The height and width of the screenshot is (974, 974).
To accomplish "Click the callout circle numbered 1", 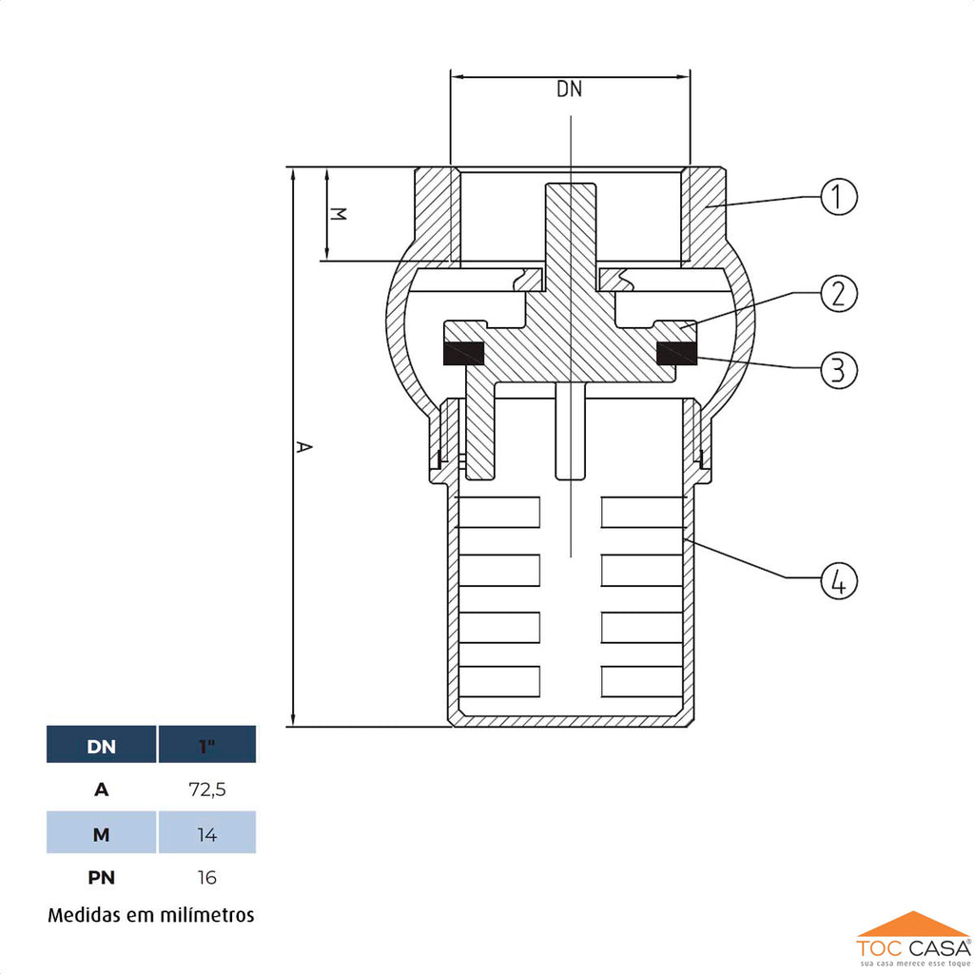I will [838, 197].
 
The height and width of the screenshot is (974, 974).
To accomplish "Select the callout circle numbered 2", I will [838, 293].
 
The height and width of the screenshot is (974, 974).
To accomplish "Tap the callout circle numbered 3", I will [838, 369].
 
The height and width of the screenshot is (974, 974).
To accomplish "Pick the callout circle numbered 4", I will [838, 579].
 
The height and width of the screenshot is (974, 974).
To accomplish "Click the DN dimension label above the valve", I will [569, 90].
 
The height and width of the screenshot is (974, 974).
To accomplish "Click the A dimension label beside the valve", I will [303, 446].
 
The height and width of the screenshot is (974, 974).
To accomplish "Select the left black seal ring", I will [465, 354].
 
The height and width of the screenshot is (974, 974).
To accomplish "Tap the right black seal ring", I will [676, 354].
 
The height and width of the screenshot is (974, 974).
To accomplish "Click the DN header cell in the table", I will [102, 746].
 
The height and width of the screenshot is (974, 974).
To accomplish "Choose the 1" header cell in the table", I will [207, 746].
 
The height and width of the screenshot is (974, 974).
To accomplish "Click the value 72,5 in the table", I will [207, 789].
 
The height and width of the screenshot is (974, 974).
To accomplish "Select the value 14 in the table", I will [207, 834].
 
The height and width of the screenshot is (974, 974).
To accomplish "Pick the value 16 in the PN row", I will [207, 877].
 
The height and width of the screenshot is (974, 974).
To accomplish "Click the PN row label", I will [102, 877].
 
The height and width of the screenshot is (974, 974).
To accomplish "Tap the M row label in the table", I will [102, 834].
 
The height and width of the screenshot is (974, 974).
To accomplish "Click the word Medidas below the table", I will [85, 915].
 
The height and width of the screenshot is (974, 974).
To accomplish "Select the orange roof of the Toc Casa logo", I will [912, 925].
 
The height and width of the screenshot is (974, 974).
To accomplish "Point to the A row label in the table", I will [102, 789].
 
